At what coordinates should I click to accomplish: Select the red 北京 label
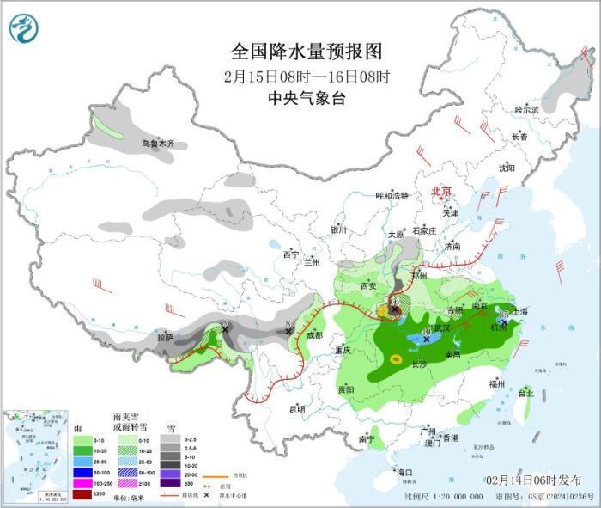click(440, 191)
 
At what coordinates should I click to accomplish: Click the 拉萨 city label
click(165, 338)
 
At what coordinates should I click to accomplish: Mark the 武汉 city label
click(442, 329)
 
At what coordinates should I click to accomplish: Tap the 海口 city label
click(404, 473)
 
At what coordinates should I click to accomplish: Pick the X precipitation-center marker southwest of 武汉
click(426, 340)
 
